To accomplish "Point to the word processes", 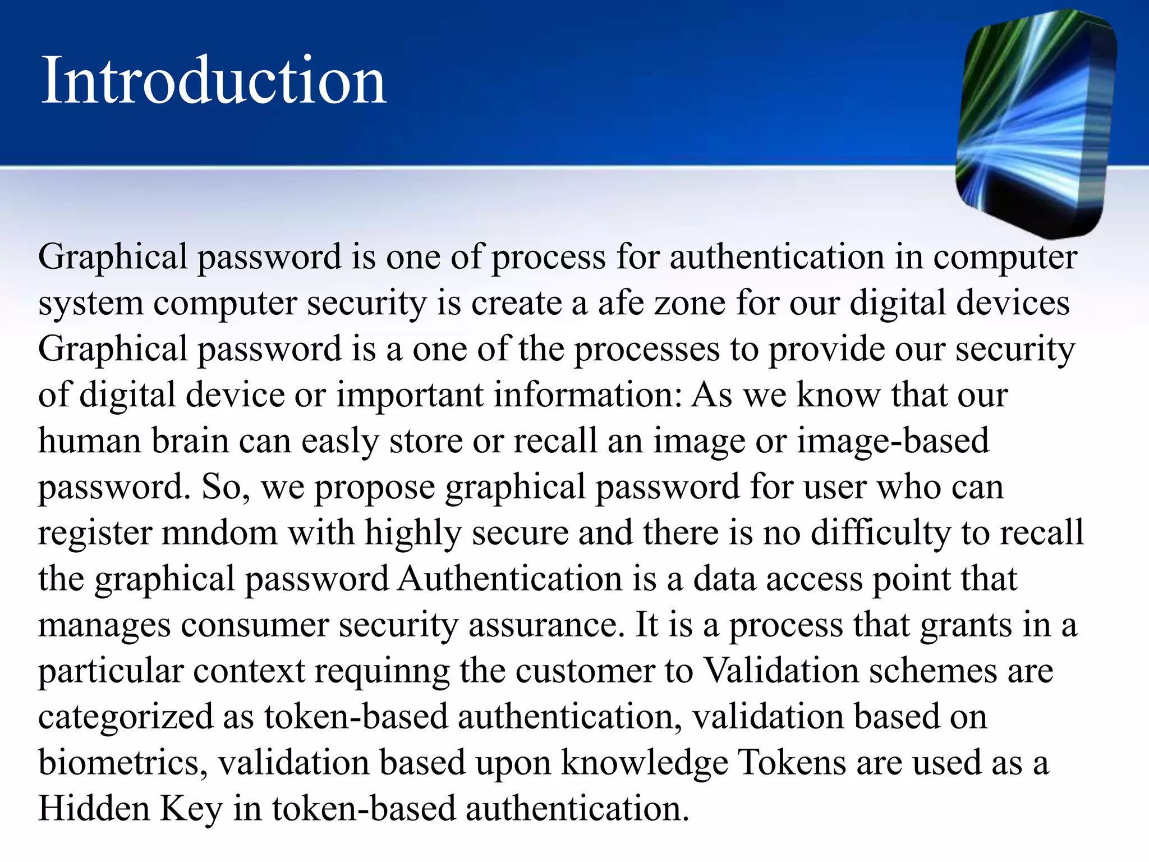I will [x=646, y=350].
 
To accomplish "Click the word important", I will [x=410, y=395].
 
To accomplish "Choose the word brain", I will [x=190, y=441].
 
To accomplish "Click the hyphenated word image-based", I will [x=893, y=441].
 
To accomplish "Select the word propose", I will [x=374, y=488].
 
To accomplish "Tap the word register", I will [x=95, y=534].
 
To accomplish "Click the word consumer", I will [x=254, y=625].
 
